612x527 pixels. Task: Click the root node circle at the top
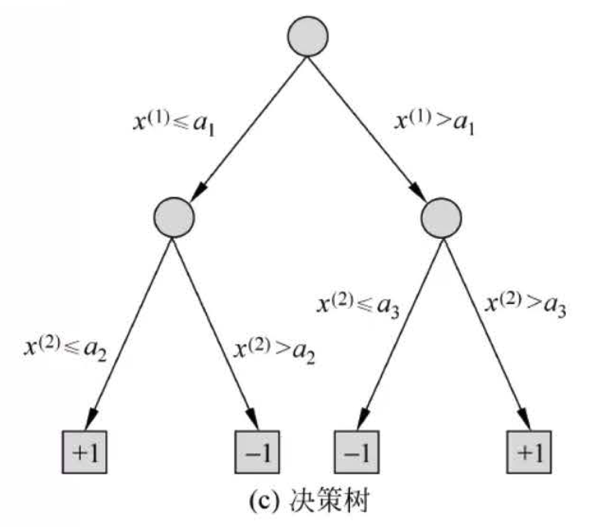(308, 36)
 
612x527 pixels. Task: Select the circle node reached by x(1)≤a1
(173, 216)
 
